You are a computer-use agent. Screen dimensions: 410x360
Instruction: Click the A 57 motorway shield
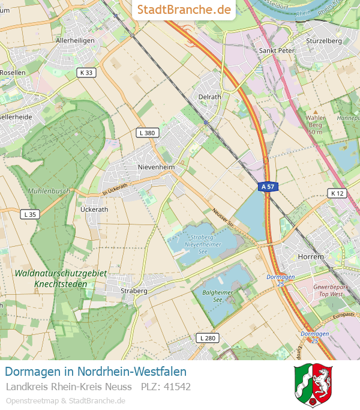(x=267, y=187)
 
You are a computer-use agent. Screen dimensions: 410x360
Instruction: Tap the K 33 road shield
(x=86, y=73)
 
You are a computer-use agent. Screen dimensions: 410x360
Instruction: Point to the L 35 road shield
(x=29, y=214)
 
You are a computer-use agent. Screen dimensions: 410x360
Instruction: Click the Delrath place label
(x=209, y=96)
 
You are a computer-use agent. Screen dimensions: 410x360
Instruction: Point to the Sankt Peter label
(x=277, y=51)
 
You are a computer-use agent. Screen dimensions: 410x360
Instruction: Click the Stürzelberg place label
(x=323, y=41)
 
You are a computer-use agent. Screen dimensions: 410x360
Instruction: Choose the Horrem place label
(x=310, y=256)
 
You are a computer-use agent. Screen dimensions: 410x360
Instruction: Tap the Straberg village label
(x=134, y=291)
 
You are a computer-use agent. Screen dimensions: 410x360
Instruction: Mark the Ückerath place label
(x=94, y=210)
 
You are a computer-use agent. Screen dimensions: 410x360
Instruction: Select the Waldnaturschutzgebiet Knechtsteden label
(x=61, y=278)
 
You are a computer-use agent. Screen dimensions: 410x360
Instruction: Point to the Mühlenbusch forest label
(x=49, y=191)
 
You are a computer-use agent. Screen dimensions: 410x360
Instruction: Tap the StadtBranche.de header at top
(x=184, y=10)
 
